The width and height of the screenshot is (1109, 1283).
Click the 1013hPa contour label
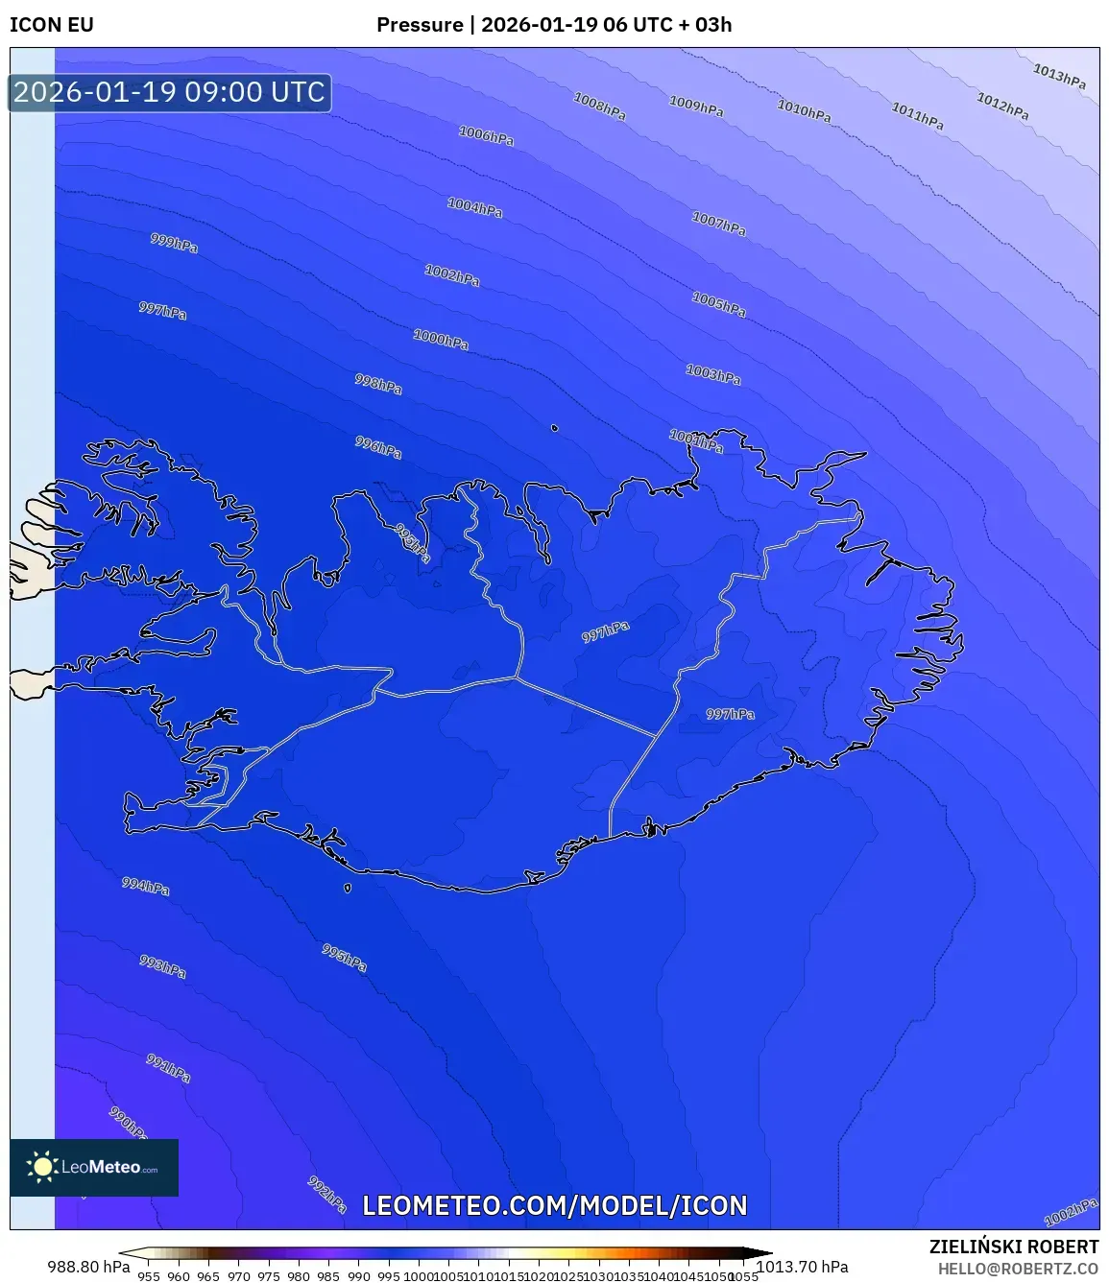[1059, 76]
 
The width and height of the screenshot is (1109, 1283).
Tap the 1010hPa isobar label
[804, 111]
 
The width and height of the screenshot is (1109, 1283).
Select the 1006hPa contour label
[486, 136]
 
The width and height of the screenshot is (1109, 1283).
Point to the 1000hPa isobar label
[441, 339]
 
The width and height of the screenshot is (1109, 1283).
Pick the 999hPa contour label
[174, 243]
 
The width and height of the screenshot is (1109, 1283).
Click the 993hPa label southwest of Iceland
[162, 966]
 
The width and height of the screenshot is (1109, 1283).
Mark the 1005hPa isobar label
[718, 304]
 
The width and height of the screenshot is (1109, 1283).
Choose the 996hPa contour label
[378, 446]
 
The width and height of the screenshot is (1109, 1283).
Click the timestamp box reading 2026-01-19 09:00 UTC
[170, 93]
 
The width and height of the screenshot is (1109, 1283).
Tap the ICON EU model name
[52, 25]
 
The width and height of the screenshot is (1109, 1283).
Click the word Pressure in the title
[420, 25]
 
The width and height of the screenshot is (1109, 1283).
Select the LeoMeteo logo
[94, 1167]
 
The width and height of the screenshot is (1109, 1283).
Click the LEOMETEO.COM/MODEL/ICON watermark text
[554, 1205]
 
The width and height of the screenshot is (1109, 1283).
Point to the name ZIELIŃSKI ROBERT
[1013, 1247]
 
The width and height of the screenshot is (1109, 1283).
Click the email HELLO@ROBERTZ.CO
[1018, 1269]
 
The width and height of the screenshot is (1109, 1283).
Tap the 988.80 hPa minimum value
[88, 1267]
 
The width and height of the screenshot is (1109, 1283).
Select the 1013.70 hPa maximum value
[803, 1267]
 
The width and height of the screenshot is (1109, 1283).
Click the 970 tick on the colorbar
[238, 1276]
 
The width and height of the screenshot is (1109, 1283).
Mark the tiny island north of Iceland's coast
[554, 428]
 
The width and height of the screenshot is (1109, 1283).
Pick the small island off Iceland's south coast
[348, 888]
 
